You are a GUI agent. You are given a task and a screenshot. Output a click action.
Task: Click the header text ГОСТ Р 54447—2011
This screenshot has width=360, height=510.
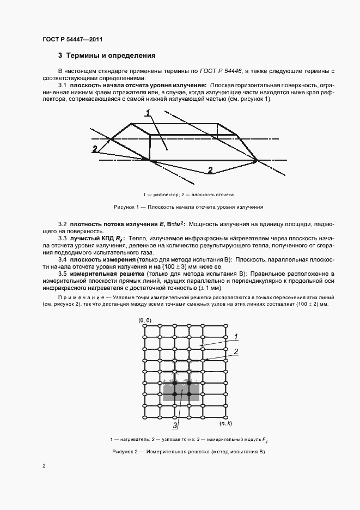click(72, 39)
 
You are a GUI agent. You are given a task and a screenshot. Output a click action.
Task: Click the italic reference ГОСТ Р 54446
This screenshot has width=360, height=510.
click(222, 71)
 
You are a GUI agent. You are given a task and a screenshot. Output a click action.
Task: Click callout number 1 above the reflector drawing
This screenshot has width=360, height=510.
click(148, 113)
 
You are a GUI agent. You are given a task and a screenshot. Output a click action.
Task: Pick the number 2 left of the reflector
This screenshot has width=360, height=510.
click(95, 149)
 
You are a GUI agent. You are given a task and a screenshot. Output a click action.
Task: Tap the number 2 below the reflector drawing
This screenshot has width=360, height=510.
click(210, 170)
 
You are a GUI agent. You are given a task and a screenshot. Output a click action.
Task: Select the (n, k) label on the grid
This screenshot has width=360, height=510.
click(226, 423)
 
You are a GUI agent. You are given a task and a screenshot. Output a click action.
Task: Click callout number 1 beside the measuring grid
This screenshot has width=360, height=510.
click(235, 336)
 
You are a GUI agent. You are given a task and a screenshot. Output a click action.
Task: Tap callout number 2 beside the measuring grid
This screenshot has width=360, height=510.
click(236, 352)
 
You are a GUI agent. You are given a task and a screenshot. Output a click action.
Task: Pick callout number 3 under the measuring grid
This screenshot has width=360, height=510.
click(175, 425)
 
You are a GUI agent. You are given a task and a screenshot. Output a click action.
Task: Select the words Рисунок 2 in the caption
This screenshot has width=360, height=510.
click(126, 452)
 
